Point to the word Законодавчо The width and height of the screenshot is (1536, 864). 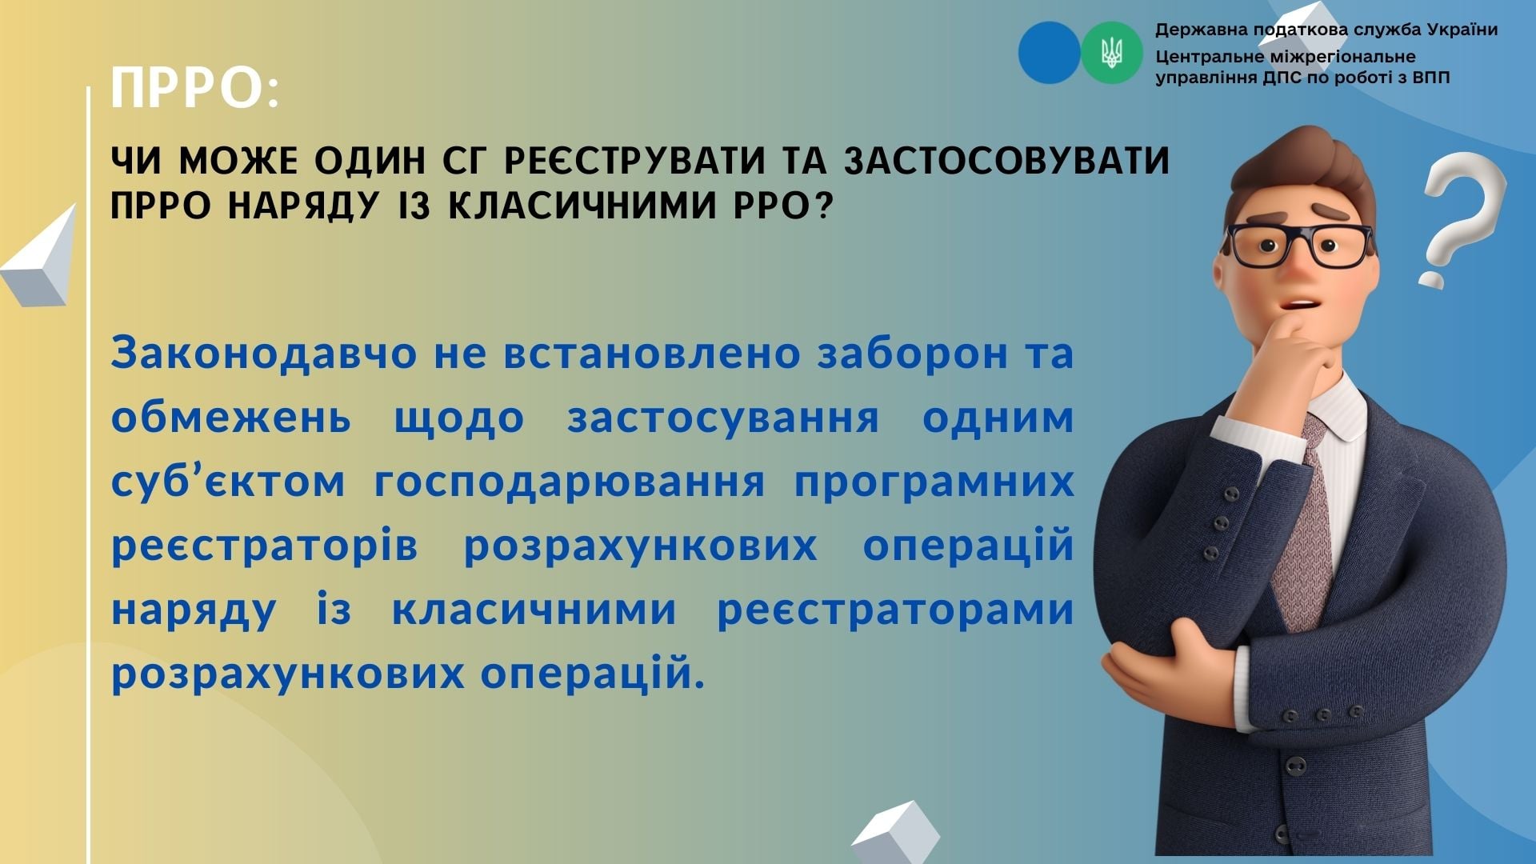(x=264, y=354)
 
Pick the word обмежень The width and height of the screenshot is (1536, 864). (x=231, y=418)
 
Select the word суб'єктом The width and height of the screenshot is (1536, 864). (x=228, y=482)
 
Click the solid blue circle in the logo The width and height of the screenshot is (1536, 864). (x=1050, y=53)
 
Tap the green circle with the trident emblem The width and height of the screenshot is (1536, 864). (x=1112, y=53)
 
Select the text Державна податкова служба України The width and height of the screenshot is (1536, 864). (x=1326, y=30)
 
